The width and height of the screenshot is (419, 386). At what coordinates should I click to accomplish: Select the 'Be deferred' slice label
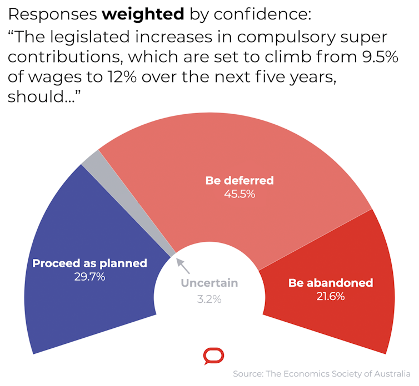[240, 180]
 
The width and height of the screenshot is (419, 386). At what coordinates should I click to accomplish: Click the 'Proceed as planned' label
[89, 263]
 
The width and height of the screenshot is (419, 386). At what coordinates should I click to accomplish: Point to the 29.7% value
[89, 277]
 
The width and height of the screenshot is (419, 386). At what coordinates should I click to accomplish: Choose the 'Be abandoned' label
[330, 283]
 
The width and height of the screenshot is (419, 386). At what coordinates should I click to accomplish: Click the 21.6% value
[330, 297]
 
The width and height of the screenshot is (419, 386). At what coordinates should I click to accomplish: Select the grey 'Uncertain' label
[209, 283]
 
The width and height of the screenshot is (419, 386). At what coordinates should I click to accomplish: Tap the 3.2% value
[209, 299]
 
